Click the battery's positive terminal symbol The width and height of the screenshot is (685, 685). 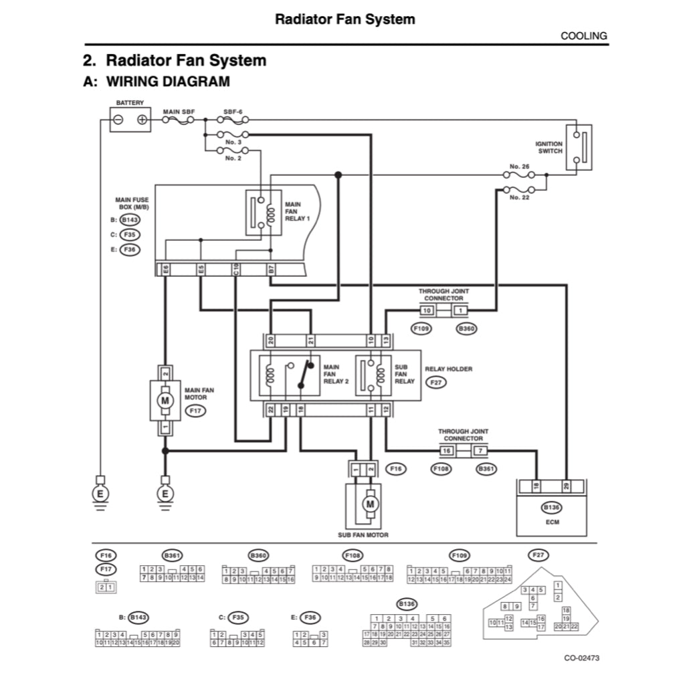click(x=142, y=120)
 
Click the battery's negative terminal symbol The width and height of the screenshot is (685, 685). click(x=118, y=120)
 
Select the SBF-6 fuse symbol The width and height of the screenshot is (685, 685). click(x=233, y=120)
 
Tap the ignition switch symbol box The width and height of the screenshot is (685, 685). click(x=579, y=147)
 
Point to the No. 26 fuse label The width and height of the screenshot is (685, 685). click(x=519, y=166)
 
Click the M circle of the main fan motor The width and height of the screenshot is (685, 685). click(x=164, y=400)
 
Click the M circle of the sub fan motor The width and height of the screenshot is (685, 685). click(x=370, y=502)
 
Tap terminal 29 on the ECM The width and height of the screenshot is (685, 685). click(x=566, y=487)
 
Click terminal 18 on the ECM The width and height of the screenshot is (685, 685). click(x=536, y=487)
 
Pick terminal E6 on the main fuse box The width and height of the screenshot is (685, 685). click(x=165, y=270)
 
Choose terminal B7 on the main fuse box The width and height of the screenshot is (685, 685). click(x=271, y=270)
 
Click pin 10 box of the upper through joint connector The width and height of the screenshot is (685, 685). click(x=427, y=310)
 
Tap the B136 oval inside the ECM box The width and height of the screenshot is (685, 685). click(x=551, y=508)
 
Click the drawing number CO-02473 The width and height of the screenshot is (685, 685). click(x=581, y=658)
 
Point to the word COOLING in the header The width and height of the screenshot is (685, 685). click(x=583, y=36)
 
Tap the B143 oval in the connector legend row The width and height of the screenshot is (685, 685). click(x=138, y=617)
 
